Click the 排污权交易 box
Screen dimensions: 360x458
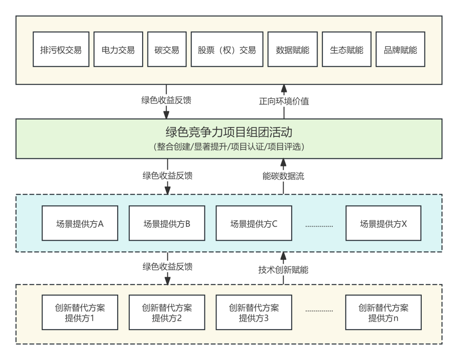click(x=61, y=50)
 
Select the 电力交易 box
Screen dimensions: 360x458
click(x=118, y=50)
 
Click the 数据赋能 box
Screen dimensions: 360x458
click(x=292, y=50)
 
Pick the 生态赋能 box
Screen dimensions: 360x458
click(x=346, y=50)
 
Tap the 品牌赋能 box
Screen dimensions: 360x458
click(x=400, y=50)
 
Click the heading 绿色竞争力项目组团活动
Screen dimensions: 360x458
click(x=229, y=133)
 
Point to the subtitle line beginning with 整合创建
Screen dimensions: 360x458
click(x=229, y=146)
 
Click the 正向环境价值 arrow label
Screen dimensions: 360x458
click(x=284, y=101)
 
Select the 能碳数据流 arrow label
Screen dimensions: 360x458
click(x=283, y=176)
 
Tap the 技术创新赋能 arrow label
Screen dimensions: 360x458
click(x=283, y=270)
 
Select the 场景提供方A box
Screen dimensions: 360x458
click(x=80, y=223)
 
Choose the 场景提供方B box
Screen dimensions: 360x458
click(x=167, y=223)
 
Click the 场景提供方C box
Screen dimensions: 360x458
click(x=254, y=223)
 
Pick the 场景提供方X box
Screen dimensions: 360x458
click(x=383, y=223)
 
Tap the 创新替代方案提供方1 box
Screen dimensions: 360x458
click(x=80, y=313)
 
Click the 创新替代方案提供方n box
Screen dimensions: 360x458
click(x=383, y=313)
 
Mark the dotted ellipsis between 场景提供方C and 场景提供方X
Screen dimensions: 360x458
click(x=319, y=225)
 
